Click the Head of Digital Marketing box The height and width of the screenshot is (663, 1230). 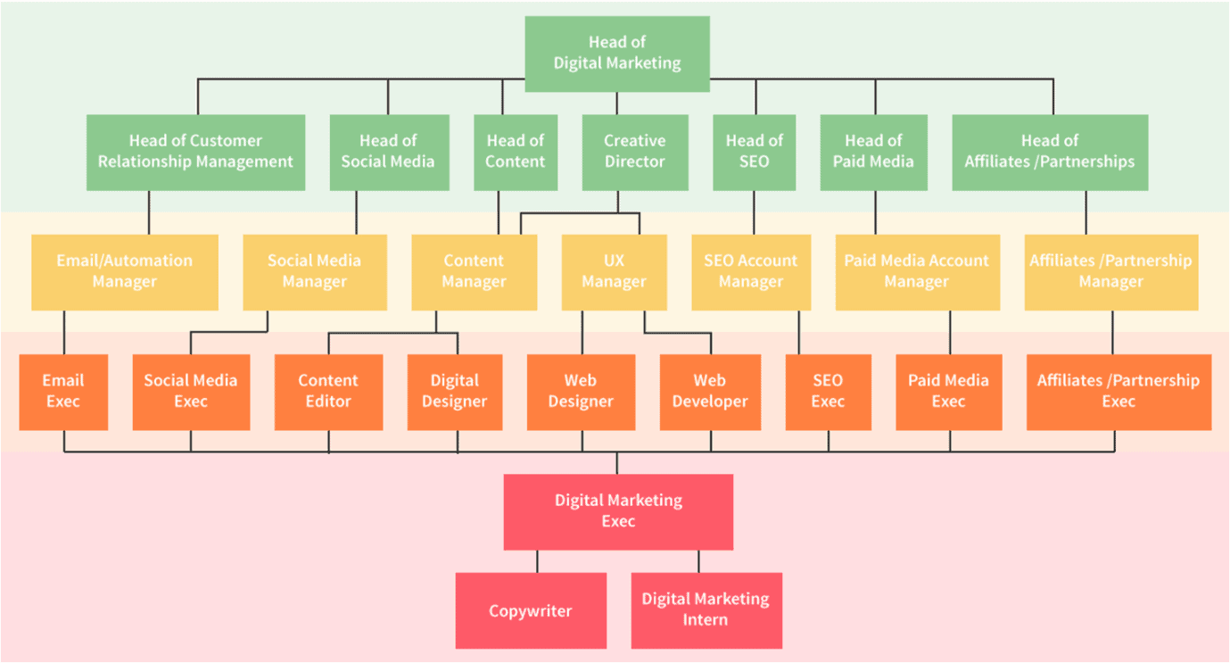[x=616, y=54]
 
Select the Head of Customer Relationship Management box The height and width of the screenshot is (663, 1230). [x=195, y=152]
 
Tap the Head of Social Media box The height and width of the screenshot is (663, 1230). [x=388, y=152]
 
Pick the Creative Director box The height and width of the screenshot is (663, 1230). [x=634, y=152]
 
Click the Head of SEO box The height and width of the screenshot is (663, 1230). [x=754, y=152]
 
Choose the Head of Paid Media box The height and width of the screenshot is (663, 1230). [x=873, y=152]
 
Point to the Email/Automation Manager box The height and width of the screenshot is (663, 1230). [x=124, y=271]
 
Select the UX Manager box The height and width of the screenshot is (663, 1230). [x=614, y=271]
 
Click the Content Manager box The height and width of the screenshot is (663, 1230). [x=474, y=271]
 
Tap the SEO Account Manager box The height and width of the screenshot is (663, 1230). [x=751, y=271]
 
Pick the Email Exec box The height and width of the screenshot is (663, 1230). [x=63, y=392]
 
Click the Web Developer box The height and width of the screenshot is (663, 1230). [x=710, y=392]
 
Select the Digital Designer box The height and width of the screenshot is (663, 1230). [x=454, y=392]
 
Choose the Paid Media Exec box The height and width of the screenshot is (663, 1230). [x=948, y=392]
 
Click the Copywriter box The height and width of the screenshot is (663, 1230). [x=530, y=611]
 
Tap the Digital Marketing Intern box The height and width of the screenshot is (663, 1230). [x=706, y=609]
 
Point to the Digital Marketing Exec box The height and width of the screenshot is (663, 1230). [x=618, y=511]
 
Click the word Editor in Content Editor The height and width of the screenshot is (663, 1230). [x=328, y=402]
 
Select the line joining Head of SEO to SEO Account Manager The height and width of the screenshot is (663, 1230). [x=754, y=212]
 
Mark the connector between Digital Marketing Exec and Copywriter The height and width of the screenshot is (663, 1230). [x=537, y=561]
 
